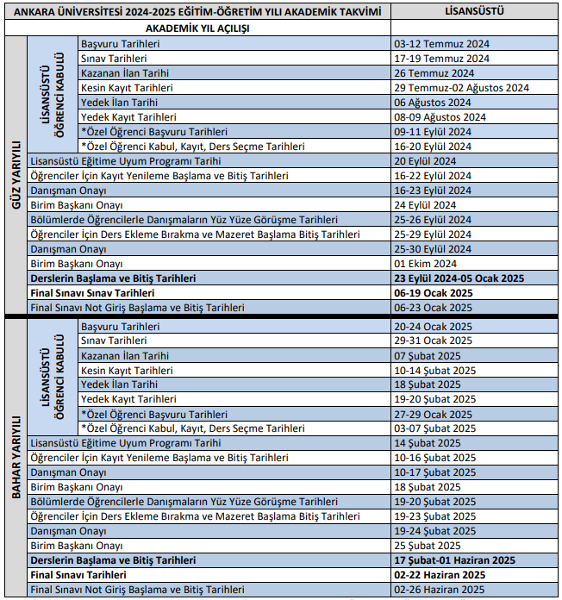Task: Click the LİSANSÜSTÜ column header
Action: (x=474, y=11)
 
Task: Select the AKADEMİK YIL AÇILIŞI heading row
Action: (x=197, y=28)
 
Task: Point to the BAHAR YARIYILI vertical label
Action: (x=15, y=457)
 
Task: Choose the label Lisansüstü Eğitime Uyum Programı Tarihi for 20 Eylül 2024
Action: (x=126, y=161)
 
